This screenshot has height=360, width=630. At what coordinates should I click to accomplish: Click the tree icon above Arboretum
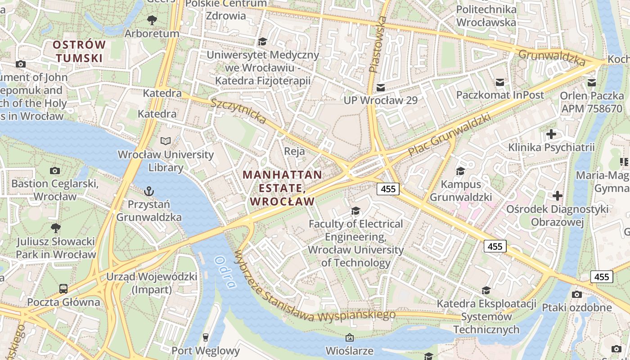click(152, 20)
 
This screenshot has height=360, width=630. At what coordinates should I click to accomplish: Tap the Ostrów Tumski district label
click(79, 51)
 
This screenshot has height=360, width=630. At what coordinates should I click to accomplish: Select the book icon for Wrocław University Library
click(166, 141)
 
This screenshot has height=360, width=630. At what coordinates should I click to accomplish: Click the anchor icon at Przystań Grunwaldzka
click(149, 191)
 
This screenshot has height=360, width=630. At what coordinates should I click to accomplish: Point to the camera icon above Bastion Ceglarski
click(55, 171)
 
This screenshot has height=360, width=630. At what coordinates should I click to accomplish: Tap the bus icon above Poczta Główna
click(63, 288)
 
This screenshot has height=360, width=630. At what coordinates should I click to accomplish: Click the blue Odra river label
click(225, 272)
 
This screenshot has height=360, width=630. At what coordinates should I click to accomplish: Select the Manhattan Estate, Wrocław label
click(282, 188)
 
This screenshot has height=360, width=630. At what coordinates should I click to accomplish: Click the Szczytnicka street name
click(238, 111)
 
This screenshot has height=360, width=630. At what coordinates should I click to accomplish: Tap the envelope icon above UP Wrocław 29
click(381, 87)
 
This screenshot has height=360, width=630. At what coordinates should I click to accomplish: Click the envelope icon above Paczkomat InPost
click(500, 82)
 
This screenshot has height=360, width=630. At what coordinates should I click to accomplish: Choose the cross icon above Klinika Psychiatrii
click(551, 134)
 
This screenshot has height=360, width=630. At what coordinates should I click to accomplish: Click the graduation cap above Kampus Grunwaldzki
click(460, 171)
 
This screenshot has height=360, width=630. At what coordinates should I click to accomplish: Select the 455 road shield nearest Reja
click(388, 189)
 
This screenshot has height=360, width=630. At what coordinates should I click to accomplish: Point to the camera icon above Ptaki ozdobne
click(576, 294)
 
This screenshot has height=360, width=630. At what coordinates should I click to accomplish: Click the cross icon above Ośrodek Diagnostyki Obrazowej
click(558, 196)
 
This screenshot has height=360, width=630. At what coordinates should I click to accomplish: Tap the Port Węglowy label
click(206, 350)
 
